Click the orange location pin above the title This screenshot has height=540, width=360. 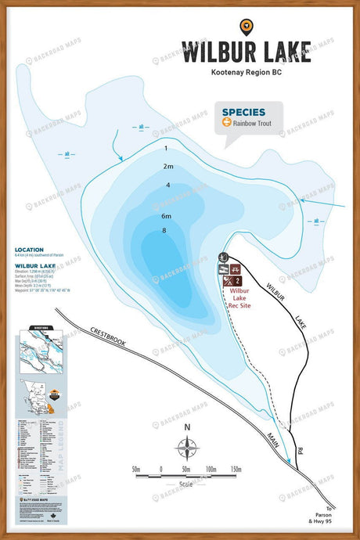pyautogui.click(x=247, y=27)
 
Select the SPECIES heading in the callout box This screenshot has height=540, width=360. pyautogui.click(x=243, y=112)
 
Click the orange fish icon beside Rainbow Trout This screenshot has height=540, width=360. pyautogui.click(x=226, y=123)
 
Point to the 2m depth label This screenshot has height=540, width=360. pyautogui.click(x=167, y=166)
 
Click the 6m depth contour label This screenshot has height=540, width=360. pyautogui.click(x=166, y=215)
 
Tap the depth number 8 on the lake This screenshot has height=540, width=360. pyautogui.click(x=164, y=230)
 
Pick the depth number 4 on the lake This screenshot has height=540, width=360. pyautogui.click(x=167, y=185)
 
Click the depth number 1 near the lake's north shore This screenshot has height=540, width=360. pyautogui.click(x=167, y=147)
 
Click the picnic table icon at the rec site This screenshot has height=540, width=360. pyautogui.click(x=235, y=268)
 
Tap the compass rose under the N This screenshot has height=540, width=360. pyautogui.click(x=187, y=448)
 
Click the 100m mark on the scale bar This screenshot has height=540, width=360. pyautogui.click(x=211, y=470)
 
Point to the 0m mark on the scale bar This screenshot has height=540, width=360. pyautogui.click(x=161, y=470)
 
